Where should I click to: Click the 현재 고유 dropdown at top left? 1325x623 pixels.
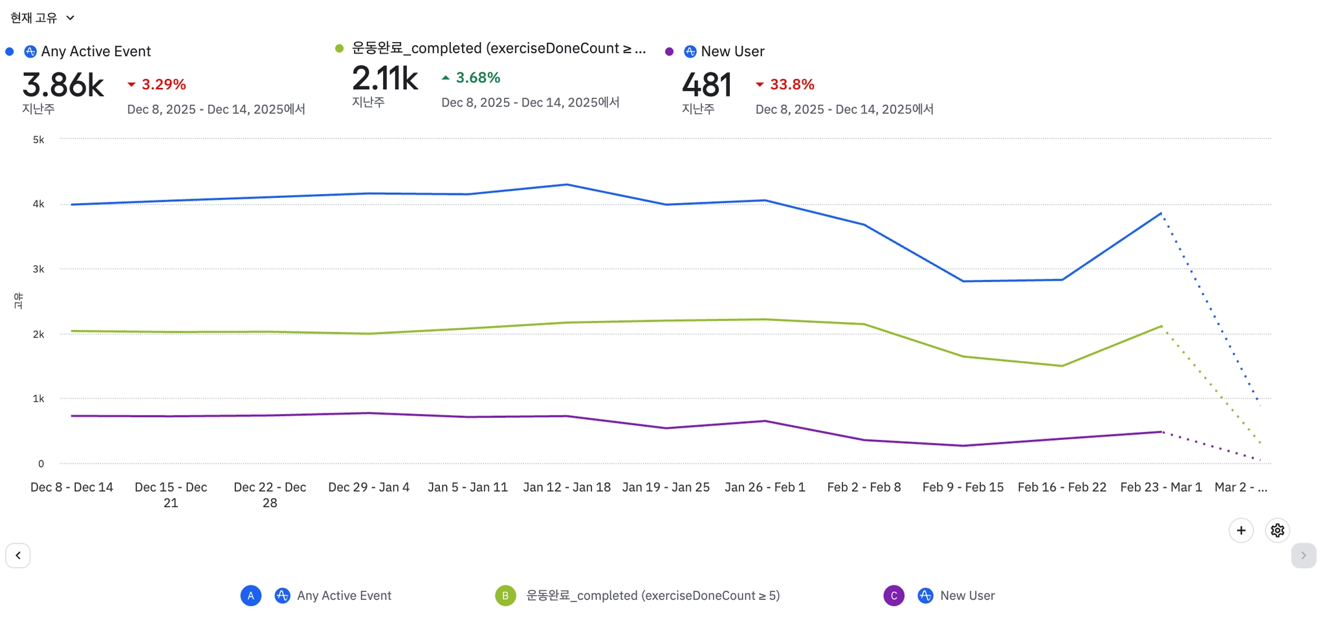(42, 18)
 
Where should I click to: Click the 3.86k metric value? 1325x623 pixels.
(63, 85)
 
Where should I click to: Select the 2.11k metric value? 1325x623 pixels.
(385, 78)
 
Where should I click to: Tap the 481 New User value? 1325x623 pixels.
(706, 85)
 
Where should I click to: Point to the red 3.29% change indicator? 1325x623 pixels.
(157, 85)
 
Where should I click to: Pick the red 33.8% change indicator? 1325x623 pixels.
(785, 85)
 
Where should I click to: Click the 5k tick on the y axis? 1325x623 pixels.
(39, 140)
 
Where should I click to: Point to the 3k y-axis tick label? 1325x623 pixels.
(39, 269)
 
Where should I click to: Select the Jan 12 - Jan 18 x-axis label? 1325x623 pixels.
(567, 487)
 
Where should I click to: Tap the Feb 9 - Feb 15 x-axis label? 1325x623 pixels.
(963, 487)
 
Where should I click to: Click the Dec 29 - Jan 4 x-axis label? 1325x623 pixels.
(369, 487)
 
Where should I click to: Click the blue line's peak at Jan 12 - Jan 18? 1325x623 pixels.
(567, 185)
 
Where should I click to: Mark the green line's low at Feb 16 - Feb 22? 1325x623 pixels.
(1062, 366)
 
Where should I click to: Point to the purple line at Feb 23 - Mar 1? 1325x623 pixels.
(1161, 432)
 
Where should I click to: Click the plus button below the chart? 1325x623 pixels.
(1241, 530)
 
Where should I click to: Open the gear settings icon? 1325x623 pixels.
(1277, 530)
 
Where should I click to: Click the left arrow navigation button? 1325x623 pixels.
(18, 556)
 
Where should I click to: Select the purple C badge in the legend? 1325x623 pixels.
(893, 596)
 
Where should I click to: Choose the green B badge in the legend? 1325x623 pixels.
(505, 596)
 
